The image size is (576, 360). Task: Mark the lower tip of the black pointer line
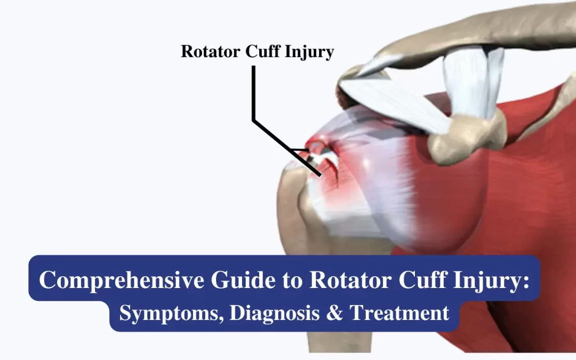coord(320,174)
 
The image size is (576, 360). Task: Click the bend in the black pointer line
coord(254,122)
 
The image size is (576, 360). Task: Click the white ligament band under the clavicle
coord(469,80)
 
